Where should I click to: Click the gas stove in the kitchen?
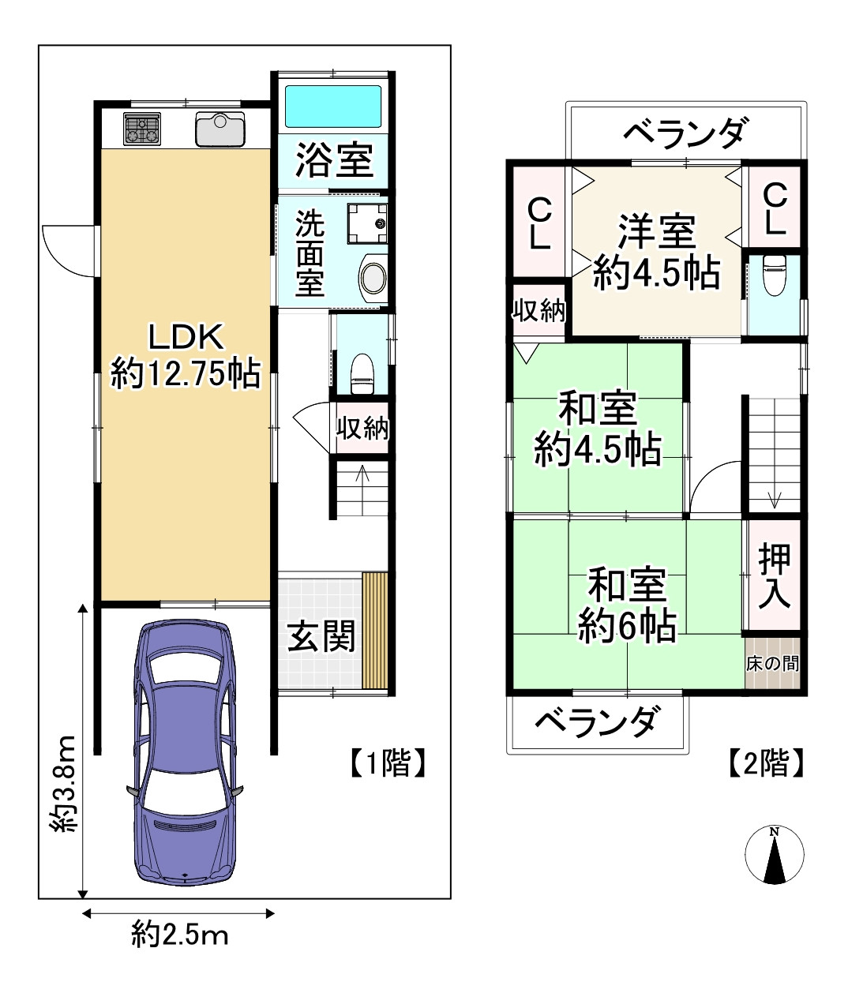click(141, 129)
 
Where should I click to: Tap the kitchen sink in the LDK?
click(220, 129)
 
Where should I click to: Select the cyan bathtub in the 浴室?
click(333, 107)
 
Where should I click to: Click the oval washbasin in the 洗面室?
click(373, 278)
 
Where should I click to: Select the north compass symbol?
click(774, 855)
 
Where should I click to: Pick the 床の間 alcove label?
click(772, 664)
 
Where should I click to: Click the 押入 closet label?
click(774, 576)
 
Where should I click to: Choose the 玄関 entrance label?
click(321, 636)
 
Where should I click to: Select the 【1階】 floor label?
click(387, 763)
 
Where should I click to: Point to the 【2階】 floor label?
click(765, 763)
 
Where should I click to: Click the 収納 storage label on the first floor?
click(362, 428)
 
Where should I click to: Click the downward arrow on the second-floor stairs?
click(774, 499)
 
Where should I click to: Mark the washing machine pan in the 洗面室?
click(367, 223)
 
